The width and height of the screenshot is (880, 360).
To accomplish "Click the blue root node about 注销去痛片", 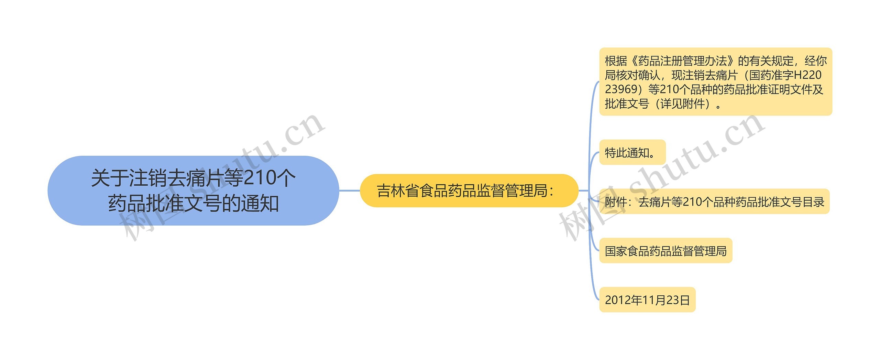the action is pos(193,190).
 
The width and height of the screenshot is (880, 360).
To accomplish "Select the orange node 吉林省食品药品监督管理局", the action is pos(469,190).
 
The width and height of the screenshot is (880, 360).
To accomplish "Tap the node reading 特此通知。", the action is pos(632,153).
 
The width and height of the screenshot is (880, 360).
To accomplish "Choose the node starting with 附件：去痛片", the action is pos(714,202).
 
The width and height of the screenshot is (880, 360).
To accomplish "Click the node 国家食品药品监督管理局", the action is pos(665,251).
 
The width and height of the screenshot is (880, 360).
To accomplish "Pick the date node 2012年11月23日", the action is pos(647,300).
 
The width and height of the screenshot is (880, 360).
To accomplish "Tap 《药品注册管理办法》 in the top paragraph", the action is pos(682,61).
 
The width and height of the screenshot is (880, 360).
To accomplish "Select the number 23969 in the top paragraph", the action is pos(621,89).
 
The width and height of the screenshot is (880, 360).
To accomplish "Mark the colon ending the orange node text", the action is pos(552,191).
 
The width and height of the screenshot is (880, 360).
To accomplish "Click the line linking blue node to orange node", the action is pos(349,190).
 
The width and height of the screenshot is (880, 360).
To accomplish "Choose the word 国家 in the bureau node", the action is pos(616,251).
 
